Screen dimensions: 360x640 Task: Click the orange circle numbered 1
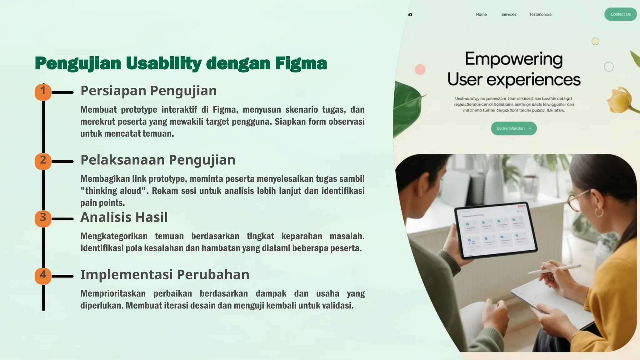click(x=43, y=92)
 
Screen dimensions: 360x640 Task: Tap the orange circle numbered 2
click(x=43, y=161)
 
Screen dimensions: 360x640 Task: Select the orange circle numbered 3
click(x=43, y=218)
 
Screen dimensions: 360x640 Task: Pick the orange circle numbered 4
click(x=43, y=276)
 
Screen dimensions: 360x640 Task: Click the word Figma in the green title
click(x=301, y=63)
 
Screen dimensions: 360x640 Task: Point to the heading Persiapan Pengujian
click(x=148, y=91)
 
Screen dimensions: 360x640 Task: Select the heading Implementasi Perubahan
click(x=165, y=275)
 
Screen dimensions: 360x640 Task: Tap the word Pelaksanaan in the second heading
click(x=122, y=160)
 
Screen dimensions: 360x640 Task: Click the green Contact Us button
click(x=620, y=14)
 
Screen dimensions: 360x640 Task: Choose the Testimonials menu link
click(x=540, y=14)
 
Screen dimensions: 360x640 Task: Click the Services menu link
click(x=508, y=14)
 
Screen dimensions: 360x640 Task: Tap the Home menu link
click(x=481, y=14)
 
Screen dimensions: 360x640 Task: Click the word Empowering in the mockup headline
click(x=514, y=59)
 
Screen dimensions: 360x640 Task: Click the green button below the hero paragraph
click(x=514, y=128)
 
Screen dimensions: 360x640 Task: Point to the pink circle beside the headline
click(x=420, y=69)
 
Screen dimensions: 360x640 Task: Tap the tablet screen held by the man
click(x=496, y=231)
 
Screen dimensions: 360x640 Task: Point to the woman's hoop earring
click(x=599, y=212)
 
